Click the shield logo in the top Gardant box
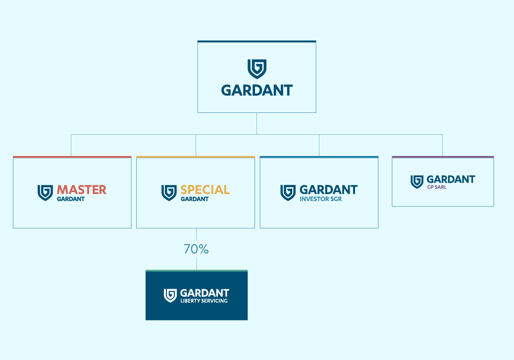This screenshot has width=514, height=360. click(x=257, y=69)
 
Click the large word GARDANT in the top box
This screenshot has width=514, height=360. click(x=257, y=91)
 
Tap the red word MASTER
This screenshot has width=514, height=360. click(x=82, y=190)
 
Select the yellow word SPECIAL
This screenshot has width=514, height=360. click(x=205, y=190)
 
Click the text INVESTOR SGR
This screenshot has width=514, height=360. click(x=320, y=199)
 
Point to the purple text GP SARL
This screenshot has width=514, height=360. click(x=437, y=187)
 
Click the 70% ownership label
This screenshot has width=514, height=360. click(x=196, y=249)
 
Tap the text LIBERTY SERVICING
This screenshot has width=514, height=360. click(x=204, y=301)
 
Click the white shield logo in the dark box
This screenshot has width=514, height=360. click(x=170, y=296)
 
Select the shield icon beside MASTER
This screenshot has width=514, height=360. click(x=45, y=193)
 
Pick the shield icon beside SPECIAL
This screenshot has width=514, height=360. click(x=169, y=193)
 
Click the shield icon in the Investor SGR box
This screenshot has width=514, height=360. click(x=288, y=193)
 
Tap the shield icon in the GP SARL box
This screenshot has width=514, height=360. click(x=417, y=182)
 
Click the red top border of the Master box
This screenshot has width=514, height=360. click(x=72, y=157)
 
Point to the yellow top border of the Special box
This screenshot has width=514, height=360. click(x=196, y=157)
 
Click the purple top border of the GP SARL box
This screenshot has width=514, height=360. click(x=443, y=157)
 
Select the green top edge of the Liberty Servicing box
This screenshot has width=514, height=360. click(x=197, y=271)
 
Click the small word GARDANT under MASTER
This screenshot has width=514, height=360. click(x=71, y=199)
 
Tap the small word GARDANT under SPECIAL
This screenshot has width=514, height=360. click(x=195, y=199)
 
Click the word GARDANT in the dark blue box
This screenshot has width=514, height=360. click(x=205, y=293)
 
